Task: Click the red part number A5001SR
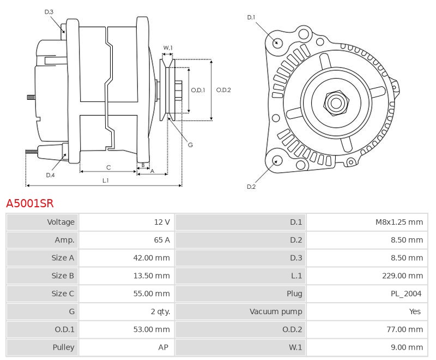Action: coord(30,203)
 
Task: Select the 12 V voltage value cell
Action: coord(162,222)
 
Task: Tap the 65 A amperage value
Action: coord(162,240)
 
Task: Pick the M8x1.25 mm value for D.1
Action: coord(399,222)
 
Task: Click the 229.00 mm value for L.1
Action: coord(402,275)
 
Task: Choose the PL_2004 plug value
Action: coord(406,293)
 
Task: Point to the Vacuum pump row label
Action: coord(276,311)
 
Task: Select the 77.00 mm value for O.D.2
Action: coord(404,329)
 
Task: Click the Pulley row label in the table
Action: coord(63,347)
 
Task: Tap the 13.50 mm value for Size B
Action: coord(152,275)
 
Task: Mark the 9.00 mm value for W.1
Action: coord(407,347)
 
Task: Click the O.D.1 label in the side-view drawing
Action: coord(198,90)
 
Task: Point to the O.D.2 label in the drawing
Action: coord(223,90)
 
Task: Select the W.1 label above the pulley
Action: coord(168,48)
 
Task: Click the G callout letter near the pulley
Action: coord(190,145)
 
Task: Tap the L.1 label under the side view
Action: coord(105,181)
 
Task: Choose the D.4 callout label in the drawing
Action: coord(50,175)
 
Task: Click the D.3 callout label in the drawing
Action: coord(49,12)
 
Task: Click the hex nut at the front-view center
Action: coord(336,103)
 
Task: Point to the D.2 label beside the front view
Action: coord(251,187)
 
